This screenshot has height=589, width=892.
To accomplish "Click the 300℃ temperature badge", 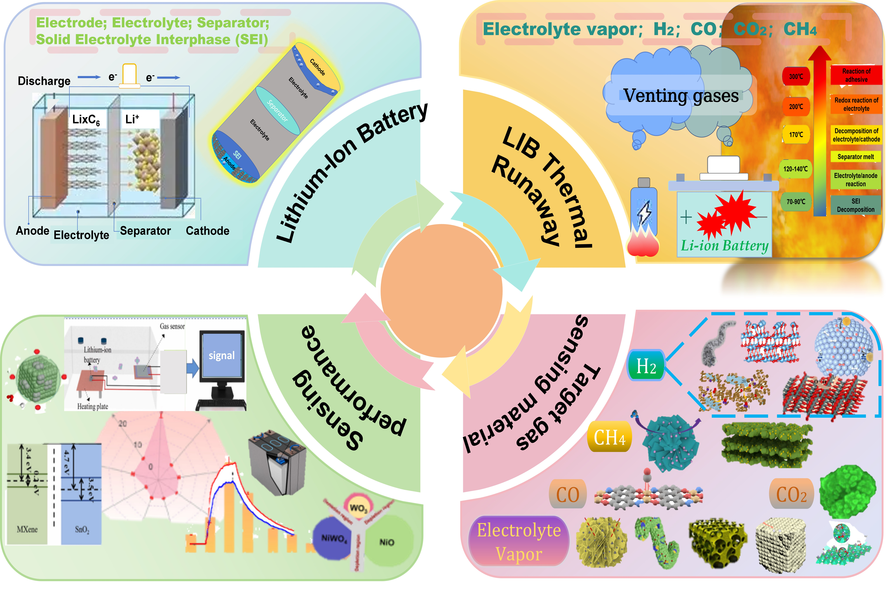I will pos(796,77).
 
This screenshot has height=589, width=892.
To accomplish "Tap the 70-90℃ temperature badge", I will pos(796,202).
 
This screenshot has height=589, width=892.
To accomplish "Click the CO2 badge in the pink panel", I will pos(791,494).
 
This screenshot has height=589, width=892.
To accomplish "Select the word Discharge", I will pos(44,81).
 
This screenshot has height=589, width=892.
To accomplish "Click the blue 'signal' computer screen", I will pos(221,355).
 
